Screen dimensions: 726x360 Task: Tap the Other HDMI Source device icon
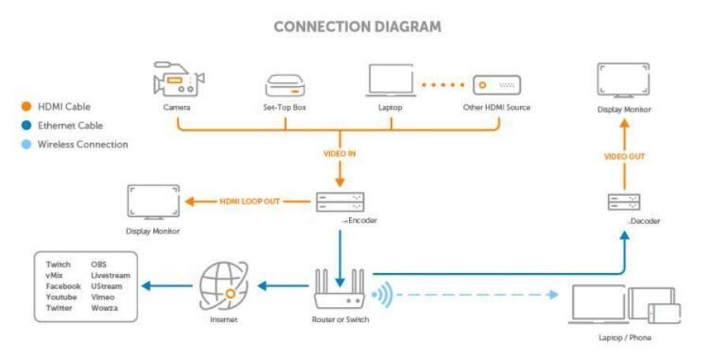pyautogui.click(x=496, y=86)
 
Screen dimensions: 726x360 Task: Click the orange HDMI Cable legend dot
pyautogui.click(x=27, y=107)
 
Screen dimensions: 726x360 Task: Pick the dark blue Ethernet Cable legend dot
pyautogui.click(x=27, y=126)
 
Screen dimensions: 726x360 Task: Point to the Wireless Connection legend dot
pyautogui.click(x=27, y=144)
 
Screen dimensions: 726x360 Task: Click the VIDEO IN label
pyautogui.click(x=339, y=154)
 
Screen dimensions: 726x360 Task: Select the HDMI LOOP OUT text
pyautogui.click(x=249, y=201)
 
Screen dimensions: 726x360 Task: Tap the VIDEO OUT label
pyautogui.click(x=624, y=156)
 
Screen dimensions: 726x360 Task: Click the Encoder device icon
pyautogui.click(x=340, y=202)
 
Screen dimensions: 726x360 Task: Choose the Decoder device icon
pyautogui.click(x=623, y=202)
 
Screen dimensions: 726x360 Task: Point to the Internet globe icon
pyautogui.click(x=223, y=286)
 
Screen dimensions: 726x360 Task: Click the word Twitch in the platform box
pyautogui.click(x=58, y=264)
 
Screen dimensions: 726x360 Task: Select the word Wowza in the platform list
pyautogui.click(x=104, y=308)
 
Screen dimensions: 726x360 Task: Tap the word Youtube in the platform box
pyautogui.click(x=61, y=297)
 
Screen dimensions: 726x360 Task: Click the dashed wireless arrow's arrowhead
pyautogui.click(x=552, y=294)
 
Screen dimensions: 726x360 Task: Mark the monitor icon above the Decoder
pyautogui.click(x=623, y=81)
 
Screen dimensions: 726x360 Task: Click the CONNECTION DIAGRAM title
pyautogui.click(x=357, y=26)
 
